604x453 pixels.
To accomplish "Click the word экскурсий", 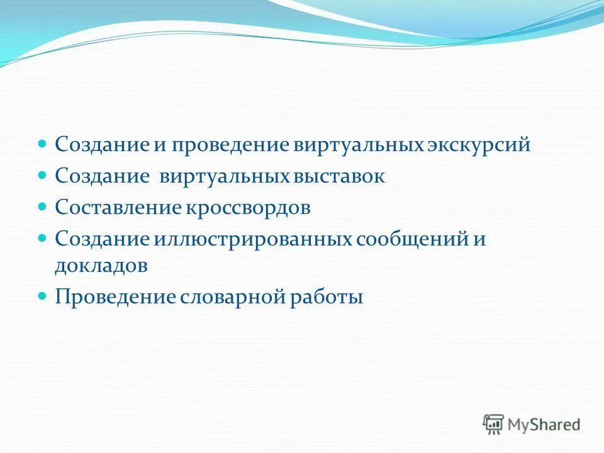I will pyautogui.click(x=479, y=145).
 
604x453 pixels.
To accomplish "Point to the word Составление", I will pyautogui.click(x=117, y=208).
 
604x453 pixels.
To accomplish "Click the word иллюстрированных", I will pyautogui.click(x=253, y=240).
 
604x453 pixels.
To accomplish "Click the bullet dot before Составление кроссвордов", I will pyautogui.click(x=43, y=206).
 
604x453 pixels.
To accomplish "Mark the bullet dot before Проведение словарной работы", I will pyautogui.click(x=43, y=295).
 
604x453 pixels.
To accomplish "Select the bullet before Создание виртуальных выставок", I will pyautogui.click(x=43, y=175).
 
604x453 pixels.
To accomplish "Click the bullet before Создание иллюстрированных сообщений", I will pyautogui.click(x=43, y=238).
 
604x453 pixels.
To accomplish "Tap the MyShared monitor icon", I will pyautogui.click(x=493, y=424).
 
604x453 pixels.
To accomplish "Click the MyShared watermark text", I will pyautogui.click(x=544, y=425).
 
